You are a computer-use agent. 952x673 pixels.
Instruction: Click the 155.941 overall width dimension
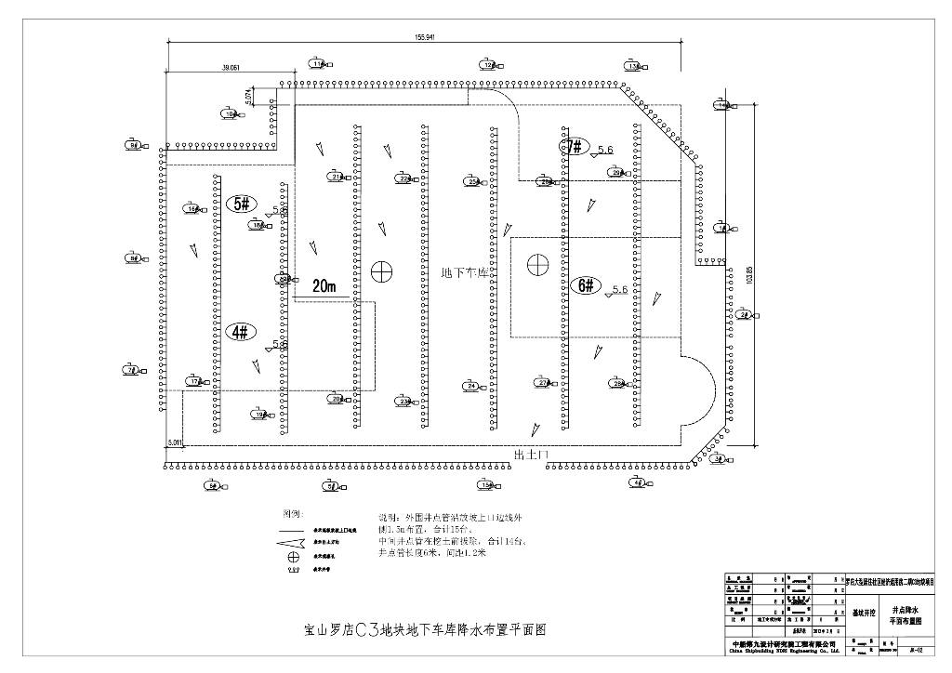click(425, 36)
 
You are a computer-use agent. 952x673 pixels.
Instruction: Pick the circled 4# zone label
click(241, 331)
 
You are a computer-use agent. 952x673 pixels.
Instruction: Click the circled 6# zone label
click(586, 286)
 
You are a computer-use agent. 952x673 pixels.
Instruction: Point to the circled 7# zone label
click(575, 146)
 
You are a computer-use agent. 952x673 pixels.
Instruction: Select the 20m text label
click(324, 286)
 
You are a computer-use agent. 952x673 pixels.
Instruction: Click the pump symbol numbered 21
click(337, 176)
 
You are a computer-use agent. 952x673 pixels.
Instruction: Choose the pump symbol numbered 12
click(490, 65)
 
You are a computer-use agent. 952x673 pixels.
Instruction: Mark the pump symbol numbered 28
click(618, 383)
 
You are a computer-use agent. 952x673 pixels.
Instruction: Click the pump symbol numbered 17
click(194, 381)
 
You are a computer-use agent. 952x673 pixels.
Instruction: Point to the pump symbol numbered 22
click(404, 178)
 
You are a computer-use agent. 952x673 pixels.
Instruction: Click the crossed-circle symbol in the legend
click(294, 556)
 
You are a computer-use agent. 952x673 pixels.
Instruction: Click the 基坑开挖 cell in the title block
click(865, 614)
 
